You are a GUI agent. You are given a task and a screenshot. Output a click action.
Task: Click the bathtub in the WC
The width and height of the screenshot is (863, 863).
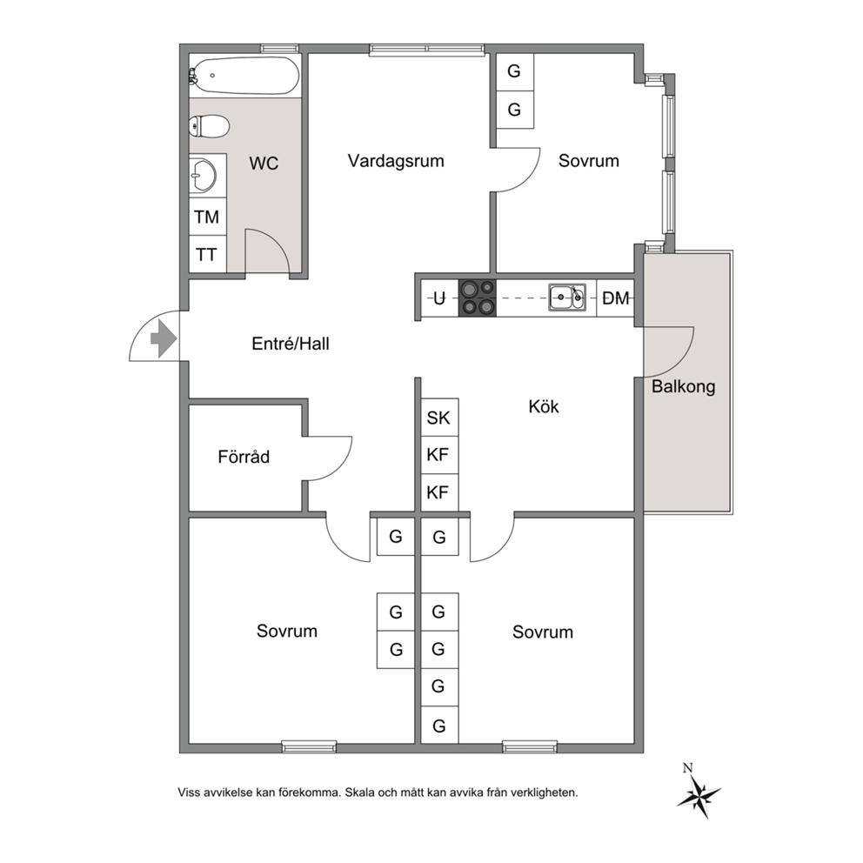click(x=245, y=76)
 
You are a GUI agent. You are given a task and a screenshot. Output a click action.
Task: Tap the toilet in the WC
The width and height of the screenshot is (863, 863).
click(x=209, y=126)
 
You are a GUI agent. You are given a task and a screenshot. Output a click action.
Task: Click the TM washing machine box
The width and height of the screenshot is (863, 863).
click(x=208, y=217)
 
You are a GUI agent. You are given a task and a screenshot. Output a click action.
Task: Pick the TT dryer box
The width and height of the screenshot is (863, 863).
click(x=208, y=254)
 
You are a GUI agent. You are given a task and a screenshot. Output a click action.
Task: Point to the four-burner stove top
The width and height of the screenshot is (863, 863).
click(x=478, y=298)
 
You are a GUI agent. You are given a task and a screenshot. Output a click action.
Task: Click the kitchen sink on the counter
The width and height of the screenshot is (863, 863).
click(x=567, y=298)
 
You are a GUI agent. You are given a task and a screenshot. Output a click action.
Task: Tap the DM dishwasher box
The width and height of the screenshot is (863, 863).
click(x=615, y=298)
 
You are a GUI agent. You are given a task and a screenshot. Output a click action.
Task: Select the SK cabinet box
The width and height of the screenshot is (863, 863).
click(x=439, y=418)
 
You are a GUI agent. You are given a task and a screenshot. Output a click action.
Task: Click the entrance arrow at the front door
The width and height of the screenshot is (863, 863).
click(x=164, y=338)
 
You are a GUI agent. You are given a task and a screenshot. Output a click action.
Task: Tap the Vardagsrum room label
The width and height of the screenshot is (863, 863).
click(x=396, y=161)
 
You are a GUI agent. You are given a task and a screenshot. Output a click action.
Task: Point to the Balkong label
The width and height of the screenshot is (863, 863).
click(x=683, y=386)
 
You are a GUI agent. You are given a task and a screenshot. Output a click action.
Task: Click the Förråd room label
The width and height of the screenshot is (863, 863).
click(x=244, y=456)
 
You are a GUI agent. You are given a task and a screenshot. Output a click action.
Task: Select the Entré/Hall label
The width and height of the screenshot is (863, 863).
click(x=290, y=344)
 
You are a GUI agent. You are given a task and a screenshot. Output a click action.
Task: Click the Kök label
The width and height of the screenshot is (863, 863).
click(x=543, y=406)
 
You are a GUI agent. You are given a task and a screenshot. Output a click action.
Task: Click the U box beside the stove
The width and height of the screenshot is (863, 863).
click(x=439, y=298)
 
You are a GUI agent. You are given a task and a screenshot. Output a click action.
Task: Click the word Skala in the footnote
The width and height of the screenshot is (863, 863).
click(x=359, y=793)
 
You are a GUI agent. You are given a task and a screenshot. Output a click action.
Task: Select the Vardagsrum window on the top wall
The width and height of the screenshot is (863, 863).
click(x=427, y=50)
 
